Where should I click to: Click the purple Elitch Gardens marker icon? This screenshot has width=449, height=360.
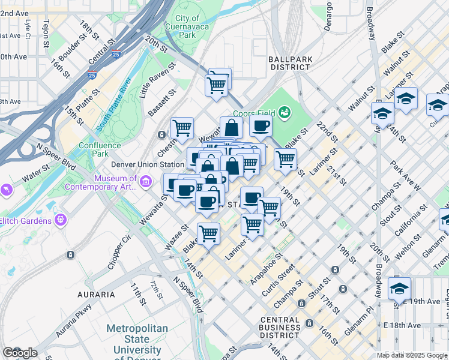60,221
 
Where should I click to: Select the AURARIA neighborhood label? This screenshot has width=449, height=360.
95,295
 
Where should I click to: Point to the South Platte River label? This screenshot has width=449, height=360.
114,104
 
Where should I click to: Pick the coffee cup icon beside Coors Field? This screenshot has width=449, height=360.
261,126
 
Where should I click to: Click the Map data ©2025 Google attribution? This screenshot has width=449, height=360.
412,355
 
